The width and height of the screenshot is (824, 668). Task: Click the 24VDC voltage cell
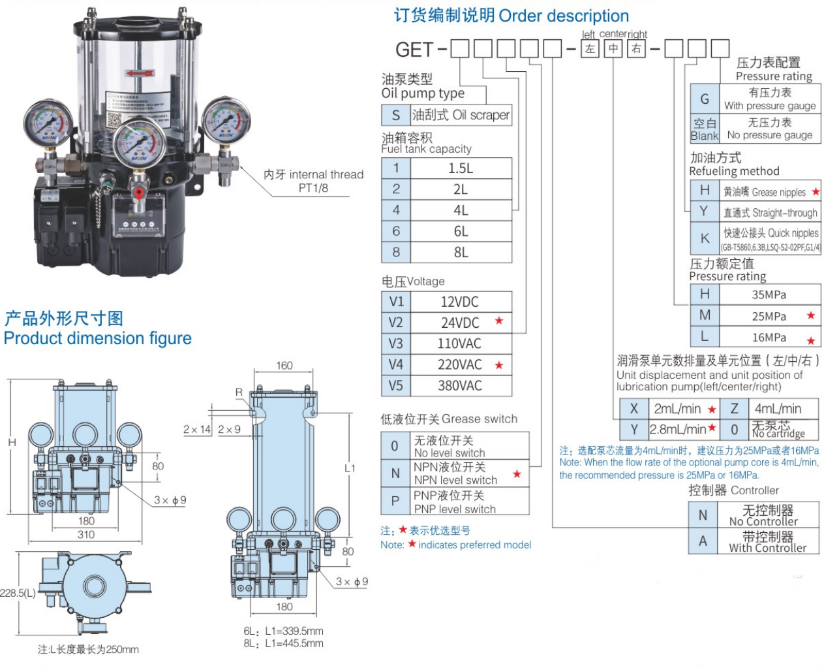(x=460, y=323)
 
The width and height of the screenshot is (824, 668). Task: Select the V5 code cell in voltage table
(x=396, y=385)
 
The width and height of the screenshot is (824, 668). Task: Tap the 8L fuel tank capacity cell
(x=461, y=252)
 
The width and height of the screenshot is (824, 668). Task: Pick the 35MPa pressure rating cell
(x=769, y=294)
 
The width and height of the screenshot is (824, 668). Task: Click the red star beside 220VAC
(x=499, y=365)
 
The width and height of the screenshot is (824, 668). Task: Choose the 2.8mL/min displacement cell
(x=678, y=429)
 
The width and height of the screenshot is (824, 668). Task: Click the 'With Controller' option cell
(x=767, y=542)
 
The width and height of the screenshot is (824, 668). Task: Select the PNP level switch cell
(x=455, y=502)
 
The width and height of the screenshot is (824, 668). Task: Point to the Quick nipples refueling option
(x=771, y=238)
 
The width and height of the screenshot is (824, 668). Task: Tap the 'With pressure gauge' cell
(x=770, y=99)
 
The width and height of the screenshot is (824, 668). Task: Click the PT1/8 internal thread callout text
(x=313, y=181)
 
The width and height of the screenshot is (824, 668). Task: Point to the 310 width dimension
(x=86, y=534)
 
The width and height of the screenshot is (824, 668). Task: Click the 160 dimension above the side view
(x=284, y=365)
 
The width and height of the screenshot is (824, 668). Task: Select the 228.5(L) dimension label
(x=18, y=593)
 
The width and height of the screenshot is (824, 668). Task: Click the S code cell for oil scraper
(x=395, y=116)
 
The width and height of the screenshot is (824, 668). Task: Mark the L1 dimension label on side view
(x=350, y=468)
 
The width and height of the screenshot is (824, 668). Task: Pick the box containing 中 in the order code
(x=613, y=49)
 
